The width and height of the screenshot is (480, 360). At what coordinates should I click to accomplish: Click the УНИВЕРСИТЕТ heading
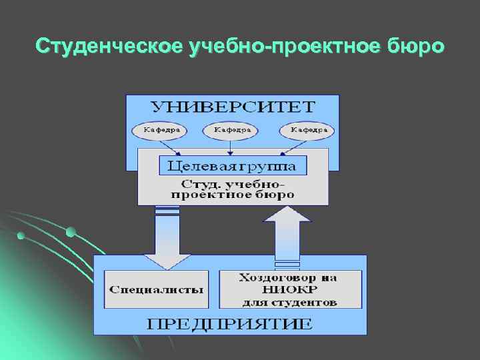(233, 107)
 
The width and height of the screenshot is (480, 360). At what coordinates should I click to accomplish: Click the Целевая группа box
(233, 165)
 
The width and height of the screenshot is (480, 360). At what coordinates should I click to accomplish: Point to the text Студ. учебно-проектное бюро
(233, 189)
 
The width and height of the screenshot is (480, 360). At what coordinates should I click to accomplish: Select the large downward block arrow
(167, 237)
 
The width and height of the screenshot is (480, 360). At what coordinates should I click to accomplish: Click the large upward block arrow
(287, 233)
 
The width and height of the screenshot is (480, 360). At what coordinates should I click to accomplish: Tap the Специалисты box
(157, 290)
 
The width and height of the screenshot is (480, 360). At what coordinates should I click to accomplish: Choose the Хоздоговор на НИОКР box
(290, 289)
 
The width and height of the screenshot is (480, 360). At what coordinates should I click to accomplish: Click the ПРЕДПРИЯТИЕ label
(230, 324)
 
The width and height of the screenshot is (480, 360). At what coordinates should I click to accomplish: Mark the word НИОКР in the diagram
(290, 290)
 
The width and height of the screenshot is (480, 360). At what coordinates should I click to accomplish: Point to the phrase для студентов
(290, 302)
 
